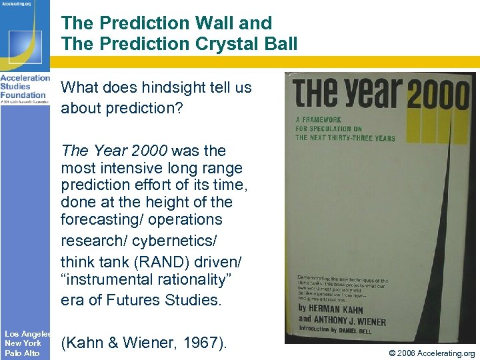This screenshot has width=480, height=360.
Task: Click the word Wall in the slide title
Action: click(x=215, y=23)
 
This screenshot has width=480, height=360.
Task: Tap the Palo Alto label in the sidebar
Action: click(x=22, y=353)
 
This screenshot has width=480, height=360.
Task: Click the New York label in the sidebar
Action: click(x=23, y=343)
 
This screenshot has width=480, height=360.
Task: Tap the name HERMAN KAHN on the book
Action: click(x=337, y=309)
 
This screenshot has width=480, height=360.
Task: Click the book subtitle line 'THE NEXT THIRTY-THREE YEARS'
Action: click(x=345, y=138)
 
